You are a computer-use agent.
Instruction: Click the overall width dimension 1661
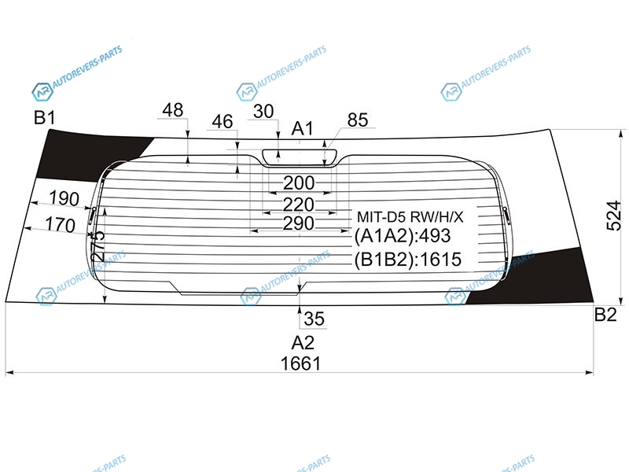tap(301, 363)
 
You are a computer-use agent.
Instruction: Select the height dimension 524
tap(613, 216)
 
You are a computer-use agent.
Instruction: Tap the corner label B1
tap(45, 118)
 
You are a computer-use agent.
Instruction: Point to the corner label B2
tap(605, 315)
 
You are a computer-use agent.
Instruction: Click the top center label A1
tap(302, 129)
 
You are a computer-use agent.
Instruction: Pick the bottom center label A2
tap(303, 343)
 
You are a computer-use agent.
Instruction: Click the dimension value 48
tap(173, 110)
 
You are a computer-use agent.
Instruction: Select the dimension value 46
tap(223, 121)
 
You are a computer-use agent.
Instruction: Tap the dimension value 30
tap(263, 111)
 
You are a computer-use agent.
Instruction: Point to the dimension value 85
tap(358, 120)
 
